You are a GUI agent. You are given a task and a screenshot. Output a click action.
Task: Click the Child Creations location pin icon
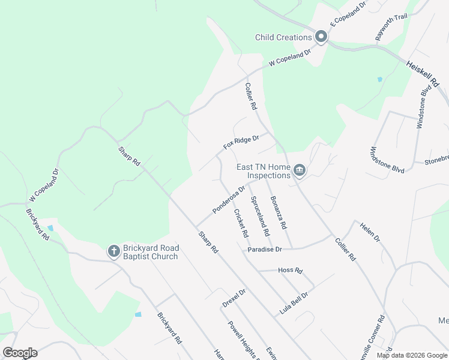pyautogui.click(x=321, y=37)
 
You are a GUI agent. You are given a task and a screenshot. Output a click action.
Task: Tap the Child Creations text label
pyautogui.click(x=283, y=37)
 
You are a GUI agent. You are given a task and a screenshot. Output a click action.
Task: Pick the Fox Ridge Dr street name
pyautogui.click(x=241, y=142)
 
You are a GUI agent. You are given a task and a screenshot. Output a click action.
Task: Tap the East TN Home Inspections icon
pyautogui.click(x=300, y=171)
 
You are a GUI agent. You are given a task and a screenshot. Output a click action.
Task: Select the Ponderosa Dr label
pyautogui.click(x=229, y=200)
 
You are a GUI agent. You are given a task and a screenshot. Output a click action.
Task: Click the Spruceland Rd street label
pyautogui.click(x=259, y=215)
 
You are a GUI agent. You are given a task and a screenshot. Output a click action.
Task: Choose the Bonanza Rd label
pyautogui.click(x=279, y=213)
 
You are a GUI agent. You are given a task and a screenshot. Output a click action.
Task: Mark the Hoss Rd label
pyautogui.click(x=291, y=271)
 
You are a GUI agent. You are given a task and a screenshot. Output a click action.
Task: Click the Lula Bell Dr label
pyautogui.click(x=294, y=304)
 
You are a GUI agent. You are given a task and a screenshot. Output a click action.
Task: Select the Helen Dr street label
pyautogui.click(x=370, y=232)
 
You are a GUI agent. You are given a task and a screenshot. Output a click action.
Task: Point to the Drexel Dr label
pyautogui.click(x=234, y=298)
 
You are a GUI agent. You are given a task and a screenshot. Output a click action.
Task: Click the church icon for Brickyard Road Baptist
pyautogui.click(x=113, y=251)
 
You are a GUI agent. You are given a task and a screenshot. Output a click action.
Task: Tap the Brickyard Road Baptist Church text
pyautogui.click(x=151, y=253)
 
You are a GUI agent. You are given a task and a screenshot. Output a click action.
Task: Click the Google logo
pyautogui.click(x=20, y=353)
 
